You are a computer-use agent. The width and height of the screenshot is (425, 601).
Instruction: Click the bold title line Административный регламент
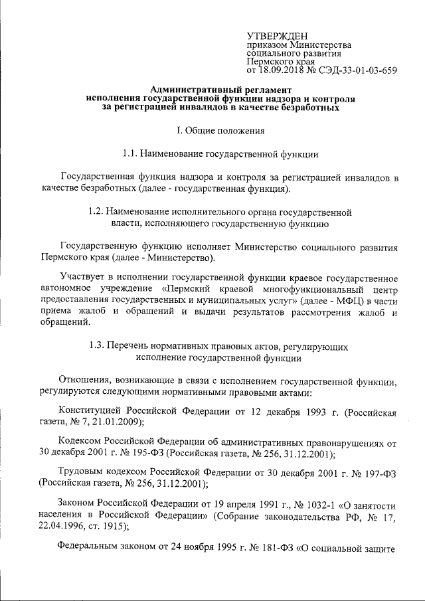[x=220, y=89]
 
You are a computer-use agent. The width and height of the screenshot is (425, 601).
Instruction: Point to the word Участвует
[x=80, y=276]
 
